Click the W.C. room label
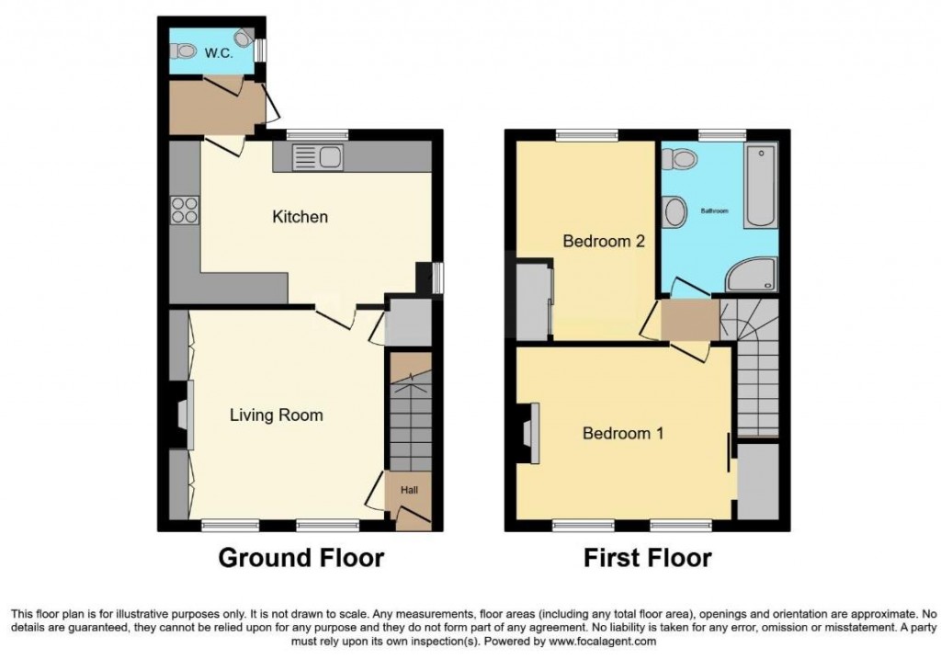point(217,53)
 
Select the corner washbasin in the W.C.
point(244,38)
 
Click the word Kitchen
point(300,217)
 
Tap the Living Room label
point(276,415)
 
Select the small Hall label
point(409,491)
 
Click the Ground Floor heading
point(300,558)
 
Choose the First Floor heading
point(647,558)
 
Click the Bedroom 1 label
point(623,433)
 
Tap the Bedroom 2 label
point(603,242)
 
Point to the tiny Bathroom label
point(715,210)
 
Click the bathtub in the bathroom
point(761,186)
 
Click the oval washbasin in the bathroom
point(675,212)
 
